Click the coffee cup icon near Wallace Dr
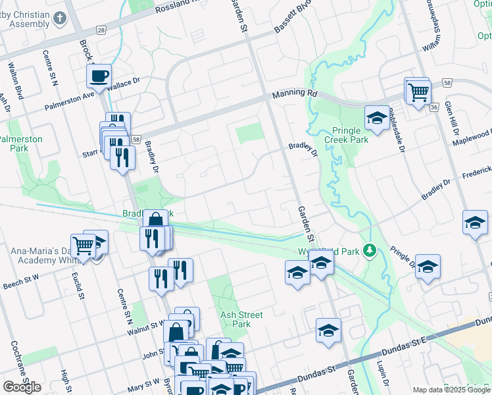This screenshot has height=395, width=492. click(99, 76)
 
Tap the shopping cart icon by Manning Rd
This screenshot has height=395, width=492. click(418, 93)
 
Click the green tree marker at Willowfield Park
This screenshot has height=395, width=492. click(370, 251)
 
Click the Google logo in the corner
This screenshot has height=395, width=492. click(21, 387)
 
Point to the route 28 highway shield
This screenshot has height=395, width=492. click(101, 30)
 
